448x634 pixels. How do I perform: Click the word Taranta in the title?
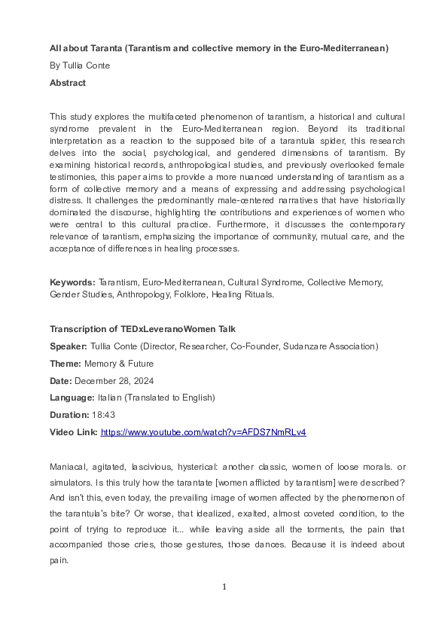coord(102,48)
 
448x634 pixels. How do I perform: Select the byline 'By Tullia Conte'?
coord(80,66)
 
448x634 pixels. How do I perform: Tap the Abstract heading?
coord(68,83)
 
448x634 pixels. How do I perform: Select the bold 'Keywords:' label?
coord(72,282)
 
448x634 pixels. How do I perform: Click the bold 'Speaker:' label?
coord(70,346)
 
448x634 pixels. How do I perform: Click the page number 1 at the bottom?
coord(224,587)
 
